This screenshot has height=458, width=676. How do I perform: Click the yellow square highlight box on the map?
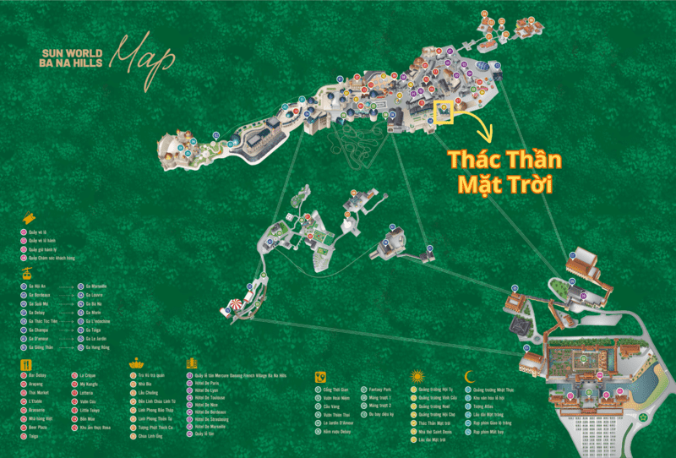[x=444, y=112]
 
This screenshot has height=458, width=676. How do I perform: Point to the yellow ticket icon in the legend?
[x=28, y=217]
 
